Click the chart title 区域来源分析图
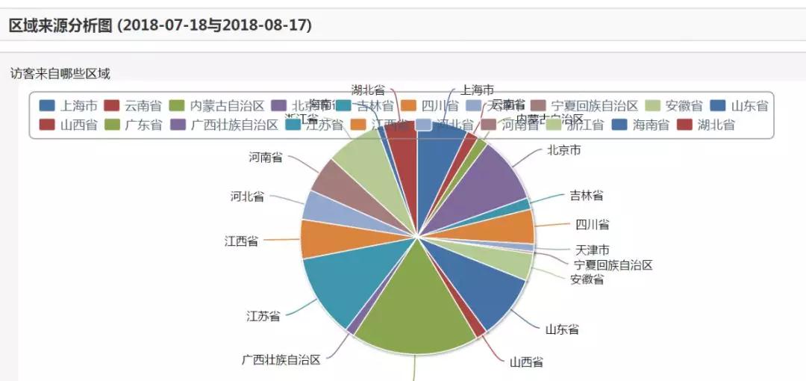tap(160, 25)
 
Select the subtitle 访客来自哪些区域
tap(60, 73)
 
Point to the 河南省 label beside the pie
tap(266, 158)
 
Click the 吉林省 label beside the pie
tap(587, 196)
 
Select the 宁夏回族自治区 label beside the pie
tap(613, 265)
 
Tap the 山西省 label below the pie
tap(526, 362)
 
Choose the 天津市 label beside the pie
tap(592, 250)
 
